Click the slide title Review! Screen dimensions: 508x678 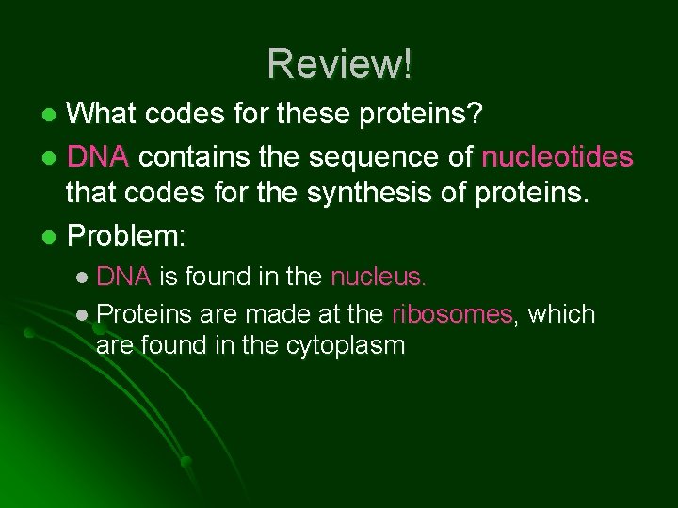339,64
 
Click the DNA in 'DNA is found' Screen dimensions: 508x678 123,277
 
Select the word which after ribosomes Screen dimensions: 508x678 561,313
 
